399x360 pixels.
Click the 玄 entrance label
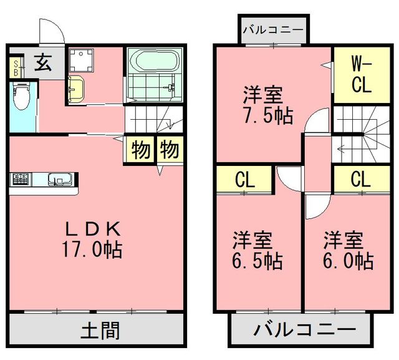42,64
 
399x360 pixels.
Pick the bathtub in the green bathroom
153,62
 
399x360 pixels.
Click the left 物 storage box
141,150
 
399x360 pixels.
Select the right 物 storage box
168,150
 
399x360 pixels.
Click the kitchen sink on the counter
60,180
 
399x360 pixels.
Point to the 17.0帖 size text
91,250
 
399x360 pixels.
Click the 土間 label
100,329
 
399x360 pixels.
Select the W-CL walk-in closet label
362,75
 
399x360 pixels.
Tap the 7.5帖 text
267,115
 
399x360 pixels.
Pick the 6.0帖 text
347,260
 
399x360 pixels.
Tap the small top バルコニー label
273,29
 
